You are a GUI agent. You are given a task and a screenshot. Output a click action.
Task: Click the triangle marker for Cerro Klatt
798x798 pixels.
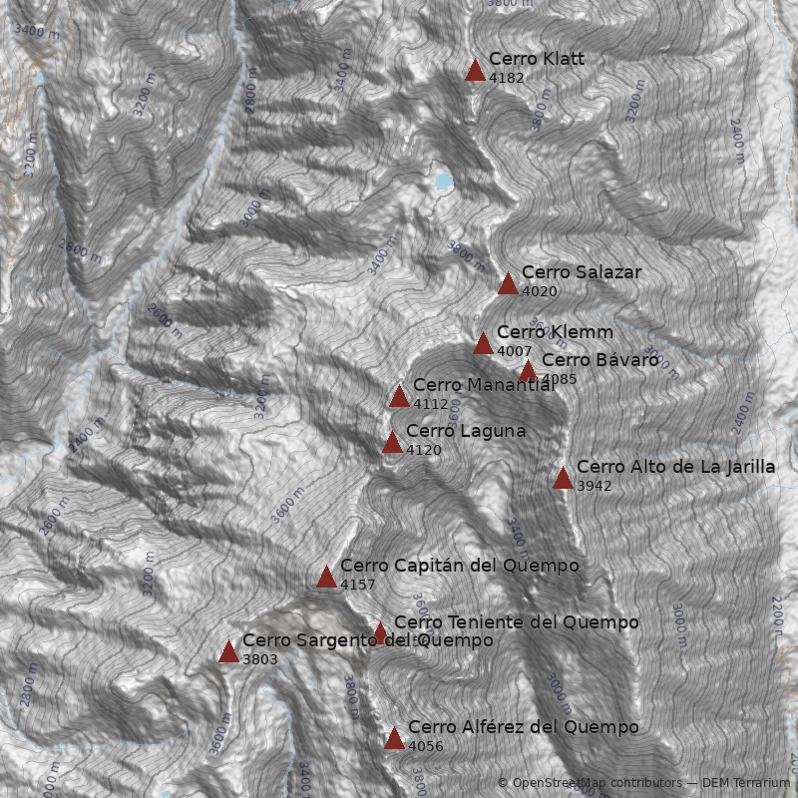click(475, 70)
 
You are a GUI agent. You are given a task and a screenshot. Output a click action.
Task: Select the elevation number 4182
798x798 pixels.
click(507, 78)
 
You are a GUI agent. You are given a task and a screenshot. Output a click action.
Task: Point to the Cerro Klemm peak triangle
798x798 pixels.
click(483, 344)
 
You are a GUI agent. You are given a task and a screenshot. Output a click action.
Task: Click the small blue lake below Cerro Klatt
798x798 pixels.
click(442, 181)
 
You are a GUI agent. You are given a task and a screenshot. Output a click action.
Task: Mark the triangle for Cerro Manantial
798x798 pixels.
click(399, 397)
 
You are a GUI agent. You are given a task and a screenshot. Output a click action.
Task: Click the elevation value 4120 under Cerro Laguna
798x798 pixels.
click(423, 450)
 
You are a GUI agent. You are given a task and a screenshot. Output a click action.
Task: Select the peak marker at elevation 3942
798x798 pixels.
click(563, 479)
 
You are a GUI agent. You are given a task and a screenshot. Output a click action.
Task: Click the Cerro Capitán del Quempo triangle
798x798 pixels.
click(326, 578)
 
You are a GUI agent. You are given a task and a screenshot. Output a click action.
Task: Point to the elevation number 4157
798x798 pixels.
click(357, 585)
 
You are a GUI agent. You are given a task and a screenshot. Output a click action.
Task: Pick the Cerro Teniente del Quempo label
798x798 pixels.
click(516, 622)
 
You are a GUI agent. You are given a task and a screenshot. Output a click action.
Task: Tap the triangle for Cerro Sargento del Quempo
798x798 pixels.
click(228, 652)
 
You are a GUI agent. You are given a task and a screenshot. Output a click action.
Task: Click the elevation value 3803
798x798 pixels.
click(259, 659)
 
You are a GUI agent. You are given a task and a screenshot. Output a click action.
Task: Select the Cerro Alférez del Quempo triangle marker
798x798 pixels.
click(394, 739)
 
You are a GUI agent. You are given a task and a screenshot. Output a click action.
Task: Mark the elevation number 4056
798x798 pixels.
click(425, 746)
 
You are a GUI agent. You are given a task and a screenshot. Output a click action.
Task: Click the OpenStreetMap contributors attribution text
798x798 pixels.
click(589, 783)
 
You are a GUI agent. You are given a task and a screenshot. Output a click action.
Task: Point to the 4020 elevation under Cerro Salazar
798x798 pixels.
click(539, 291)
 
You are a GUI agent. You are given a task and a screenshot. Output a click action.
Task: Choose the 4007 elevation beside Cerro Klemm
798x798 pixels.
click(514, 351)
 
